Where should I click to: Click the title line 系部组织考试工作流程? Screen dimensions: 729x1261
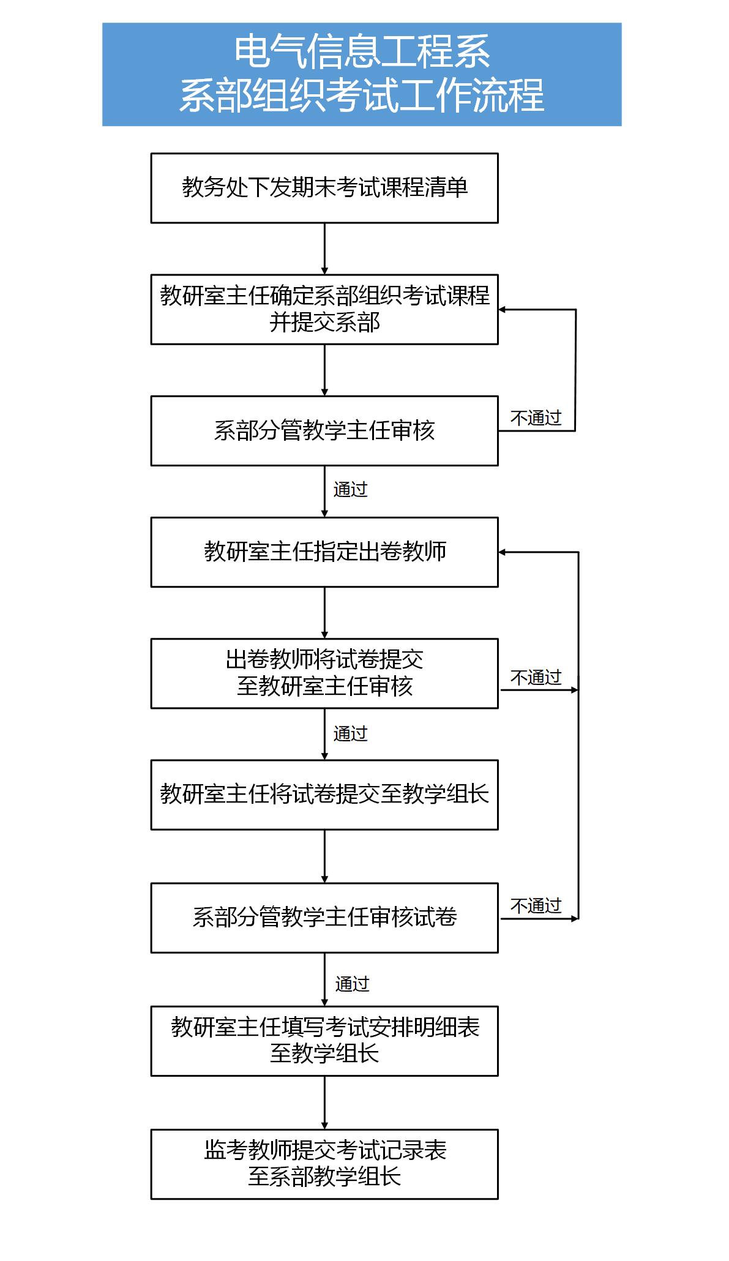pyautogui.click(x=362, y=95)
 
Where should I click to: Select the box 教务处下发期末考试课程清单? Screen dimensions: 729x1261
pyautogui.click(x=324, y=188)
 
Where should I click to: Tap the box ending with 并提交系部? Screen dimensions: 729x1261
pyautogui.click(x=324, y=310)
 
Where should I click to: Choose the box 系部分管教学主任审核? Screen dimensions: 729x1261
pyautogui.click(x=324, y=431)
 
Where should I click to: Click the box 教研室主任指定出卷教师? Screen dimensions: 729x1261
pyautogui.click(x=324, y=552)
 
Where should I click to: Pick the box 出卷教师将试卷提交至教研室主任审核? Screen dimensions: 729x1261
pyautogui.click(x=324, y=674)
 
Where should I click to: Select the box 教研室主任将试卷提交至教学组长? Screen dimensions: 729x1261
pyautogui.click(x=324, y=795)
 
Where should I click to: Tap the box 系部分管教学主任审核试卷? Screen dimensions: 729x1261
pyautogui.click(x=324, y=918)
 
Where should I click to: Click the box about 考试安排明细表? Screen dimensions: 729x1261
pyautogui.click(x=324, y=1041)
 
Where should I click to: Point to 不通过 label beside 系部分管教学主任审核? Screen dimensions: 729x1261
pyautogui.click(x=536, y=418)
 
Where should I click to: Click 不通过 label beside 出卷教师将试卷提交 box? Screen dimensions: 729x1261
pyautogui.click(x=536, y=678)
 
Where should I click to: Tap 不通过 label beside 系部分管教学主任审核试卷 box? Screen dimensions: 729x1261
pyautogui.click(x=536, y=906)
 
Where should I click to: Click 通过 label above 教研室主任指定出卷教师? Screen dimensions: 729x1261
pyautogui.click(x=350, y=490)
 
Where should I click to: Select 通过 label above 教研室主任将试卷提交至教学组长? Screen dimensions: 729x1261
pyautogui.click(x=350, y=733)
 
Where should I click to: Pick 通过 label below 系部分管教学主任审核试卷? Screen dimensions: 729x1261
pyautogui.click(x=353, y=984)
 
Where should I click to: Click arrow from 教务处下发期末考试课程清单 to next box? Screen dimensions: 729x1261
pyautogui.click(x=324, y=249)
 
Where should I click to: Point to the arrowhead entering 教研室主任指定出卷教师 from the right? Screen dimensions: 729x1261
pyautogui.click(x=502, y=552)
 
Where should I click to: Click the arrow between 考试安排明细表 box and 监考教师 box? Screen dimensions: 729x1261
pyautogui.click(x=324, y=1103)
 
